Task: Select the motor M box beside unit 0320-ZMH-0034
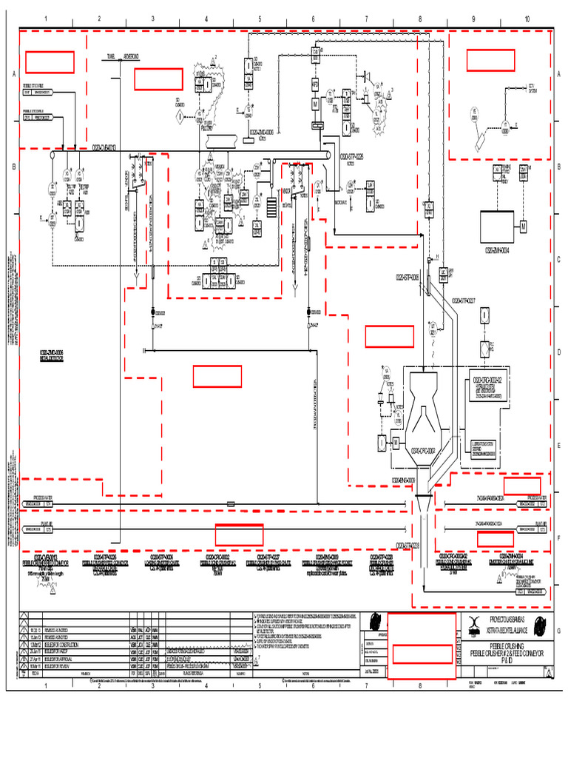click(522, 225)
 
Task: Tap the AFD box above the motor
click(315, 86)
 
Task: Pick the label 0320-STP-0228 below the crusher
click(408, 546)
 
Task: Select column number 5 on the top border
click(260, 19)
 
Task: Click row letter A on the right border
click(561, 74)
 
